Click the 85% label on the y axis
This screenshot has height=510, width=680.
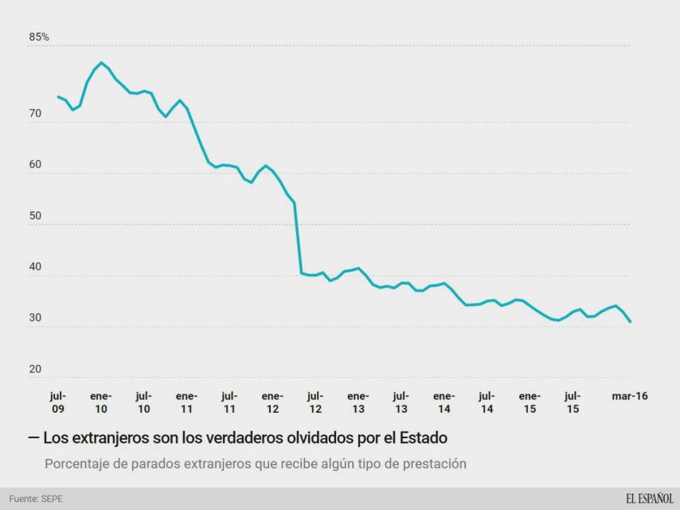pos(39,37)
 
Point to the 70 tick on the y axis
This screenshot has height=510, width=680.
pos(35,115)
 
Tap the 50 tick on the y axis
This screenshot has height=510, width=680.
pos(35,217)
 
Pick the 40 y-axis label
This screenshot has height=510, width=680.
pos(35,268)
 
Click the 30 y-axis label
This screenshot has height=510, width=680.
pos(35,319)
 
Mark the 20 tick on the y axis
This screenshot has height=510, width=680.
pos(35,370)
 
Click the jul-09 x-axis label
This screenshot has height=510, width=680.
pos(58,402)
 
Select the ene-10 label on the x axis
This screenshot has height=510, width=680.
pos(101,402)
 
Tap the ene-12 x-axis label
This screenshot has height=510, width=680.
pos(272,402)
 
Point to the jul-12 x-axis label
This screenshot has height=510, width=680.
pos(315,402)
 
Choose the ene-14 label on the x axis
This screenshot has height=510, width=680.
pos(444,402)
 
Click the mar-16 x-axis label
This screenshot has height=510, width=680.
pos(629,396)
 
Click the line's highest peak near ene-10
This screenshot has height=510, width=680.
pos(101,62)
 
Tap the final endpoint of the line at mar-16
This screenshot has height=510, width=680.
pos(631,322)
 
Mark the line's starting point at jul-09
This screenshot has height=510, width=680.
pos(58,96)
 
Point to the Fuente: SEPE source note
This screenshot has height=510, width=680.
pos(36,499)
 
